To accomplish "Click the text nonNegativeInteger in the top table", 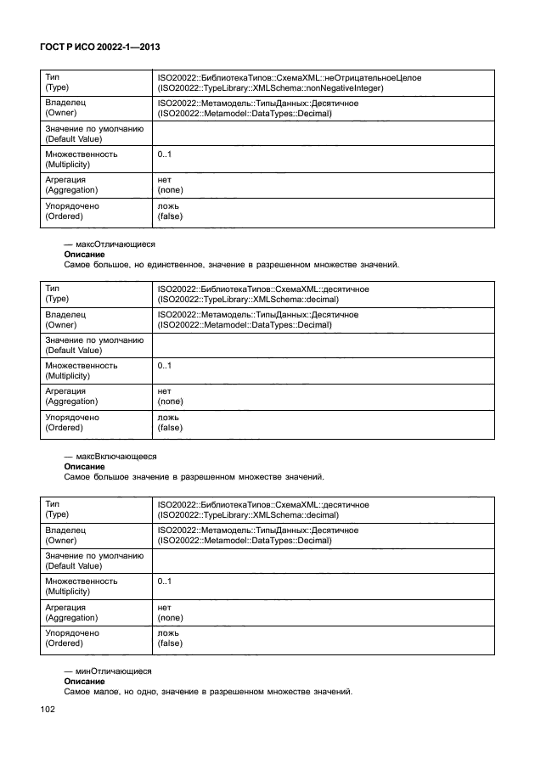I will click(x=343, y=87).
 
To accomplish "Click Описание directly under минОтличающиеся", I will click(x=85, y=681).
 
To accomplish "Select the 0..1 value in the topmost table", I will click(x=165, y=154).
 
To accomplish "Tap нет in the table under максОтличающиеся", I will click(x=165, y=391).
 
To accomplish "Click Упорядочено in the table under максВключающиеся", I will click(x=71, y=633).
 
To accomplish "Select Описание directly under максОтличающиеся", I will click(x=85, y=254).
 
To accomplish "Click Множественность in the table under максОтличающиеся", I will click(x=82, y=366).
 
